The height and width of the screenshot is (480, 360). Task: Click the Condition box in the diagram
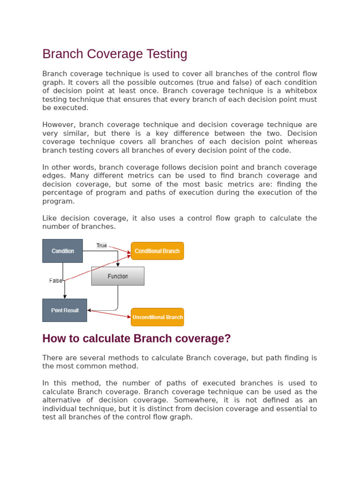click(x=62, y=251)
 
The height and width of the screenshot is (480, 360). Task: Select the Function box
click(x=118, y=276)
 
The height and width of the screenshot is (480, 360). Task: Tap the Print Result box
click(x=65, y=310)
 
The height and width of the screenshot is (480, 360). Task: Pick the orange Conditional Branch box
click(x=157, y=251)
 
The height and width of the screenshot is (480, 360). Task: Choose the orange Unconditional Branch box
click(x=157, y=317)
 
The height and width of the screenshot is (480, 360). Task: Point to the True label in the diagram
click(x=102, y=245)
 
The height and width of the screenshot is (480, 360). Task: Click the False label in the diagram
click(x=56, y=281)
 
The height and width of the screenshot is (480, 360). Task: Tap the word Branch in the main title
click(x=59, y=54)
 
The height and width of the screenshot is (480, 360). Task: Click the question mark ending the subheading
click(x=228, y=338)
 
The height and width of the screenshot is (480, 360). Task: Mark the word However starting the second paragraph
click(x=59, y=125)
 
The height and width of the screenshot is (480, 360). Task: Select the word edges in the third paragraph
click(x=52, y=176)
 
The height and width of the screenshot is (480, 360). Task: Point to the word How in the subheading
click(x=52, y=338)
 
